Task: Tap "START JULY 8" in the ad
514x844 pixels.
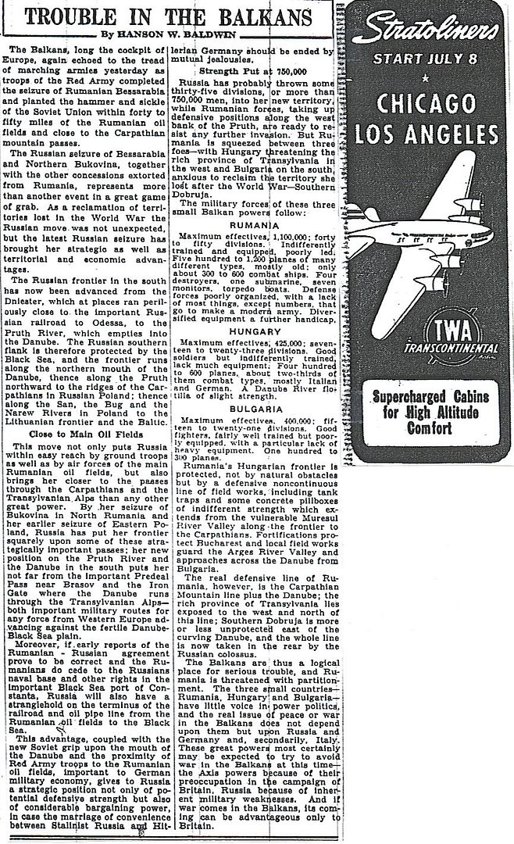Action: (425, 59)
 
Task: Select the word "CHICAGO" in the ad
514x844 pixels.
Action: (425, 104)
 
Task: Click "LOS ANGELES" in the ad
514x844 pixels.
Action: (425, 135)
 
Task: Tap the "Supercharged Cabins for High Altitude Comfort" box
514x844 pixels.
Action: (425, 412)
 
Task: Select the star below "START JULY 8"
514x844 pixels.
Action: (425, 78)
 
